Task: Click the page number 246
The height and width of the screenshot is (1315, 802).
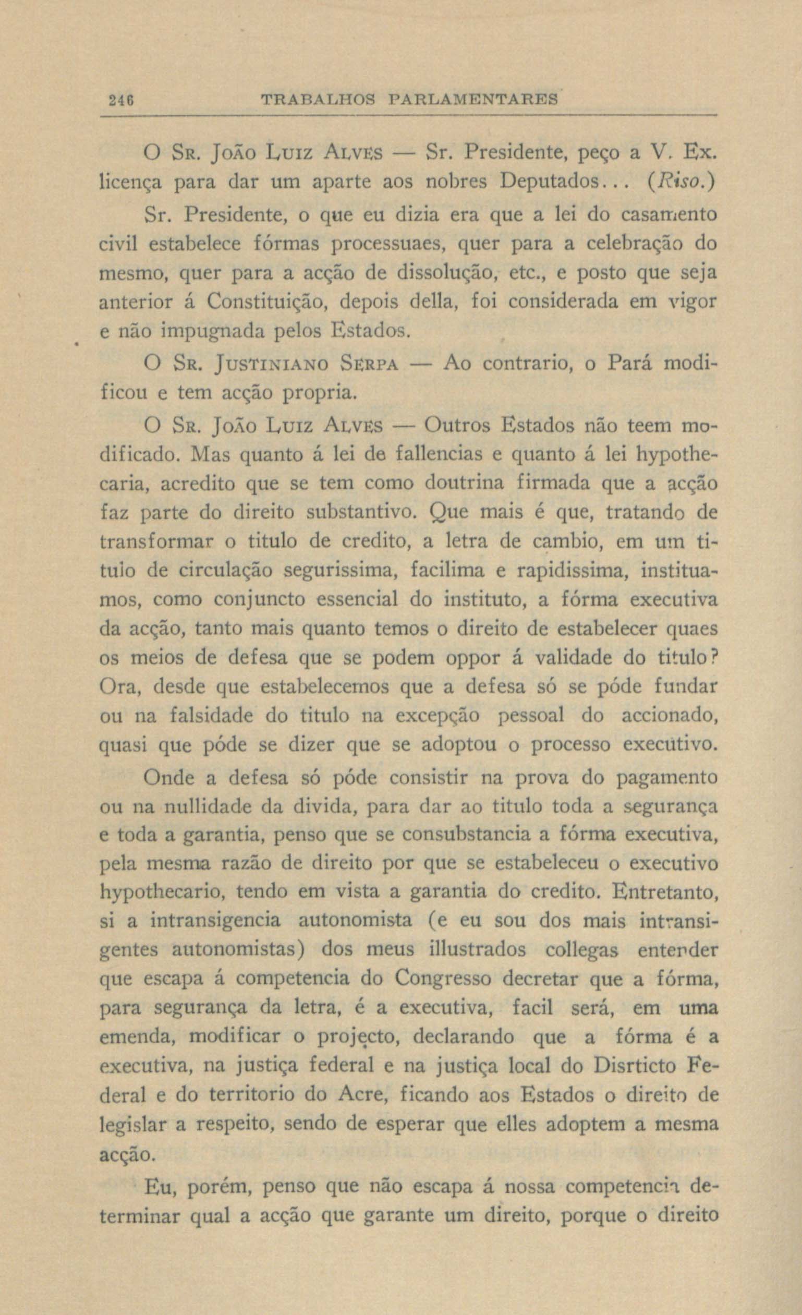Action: [117, 100]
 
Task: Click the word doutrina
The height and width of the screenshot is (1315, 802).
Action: [464, 484]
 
